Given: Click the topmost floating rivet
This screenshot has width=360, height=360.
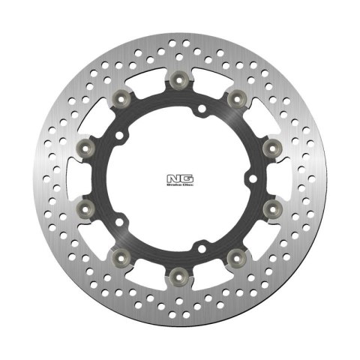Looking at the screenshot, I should pyautogui.click(x=179, y=79).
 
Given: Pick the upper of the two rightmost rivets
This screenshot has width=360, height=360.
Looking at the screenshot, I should pyautogui.click(x=274, y=143).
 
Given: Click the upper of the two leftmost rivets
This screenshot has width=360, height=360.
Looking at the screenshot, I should pyautogui.click(x=84, y=143).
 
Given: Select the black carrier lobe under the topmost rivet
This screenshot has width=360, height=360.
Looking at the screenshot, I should pyautogui.click(x=179, y=94).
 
